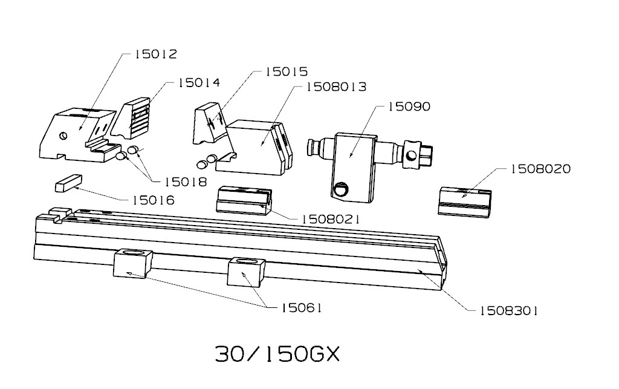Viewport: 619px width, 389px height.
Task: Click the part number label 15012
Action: pyautogui.click(x=155, y=54)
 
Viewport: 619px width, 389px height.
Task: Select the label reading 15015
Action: pyautogui.click(x=286, y=71)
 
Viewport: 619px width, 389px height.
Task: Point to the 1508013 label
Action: pyautogui.click(x=336, y=87)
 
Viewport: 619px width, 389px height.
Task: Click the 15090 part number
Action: pyautogui.click(x=409, y=106)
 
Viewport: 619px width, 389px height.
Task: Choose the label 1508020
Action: pyautogui.click(x=541, y=169)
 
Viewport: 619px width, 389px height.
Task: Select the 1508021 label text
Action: pyautogui.click(x=331, y=219)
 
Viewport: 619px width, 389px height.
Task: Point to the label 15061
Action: pyautogui.click(x=300, y=308)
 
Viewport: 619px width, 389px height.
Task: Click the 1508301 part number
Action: pyautogui.click(x=508, y=311)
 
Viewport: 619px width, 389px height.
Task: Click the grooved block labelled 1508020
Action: pyautogui.click(x=464, y=200)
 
